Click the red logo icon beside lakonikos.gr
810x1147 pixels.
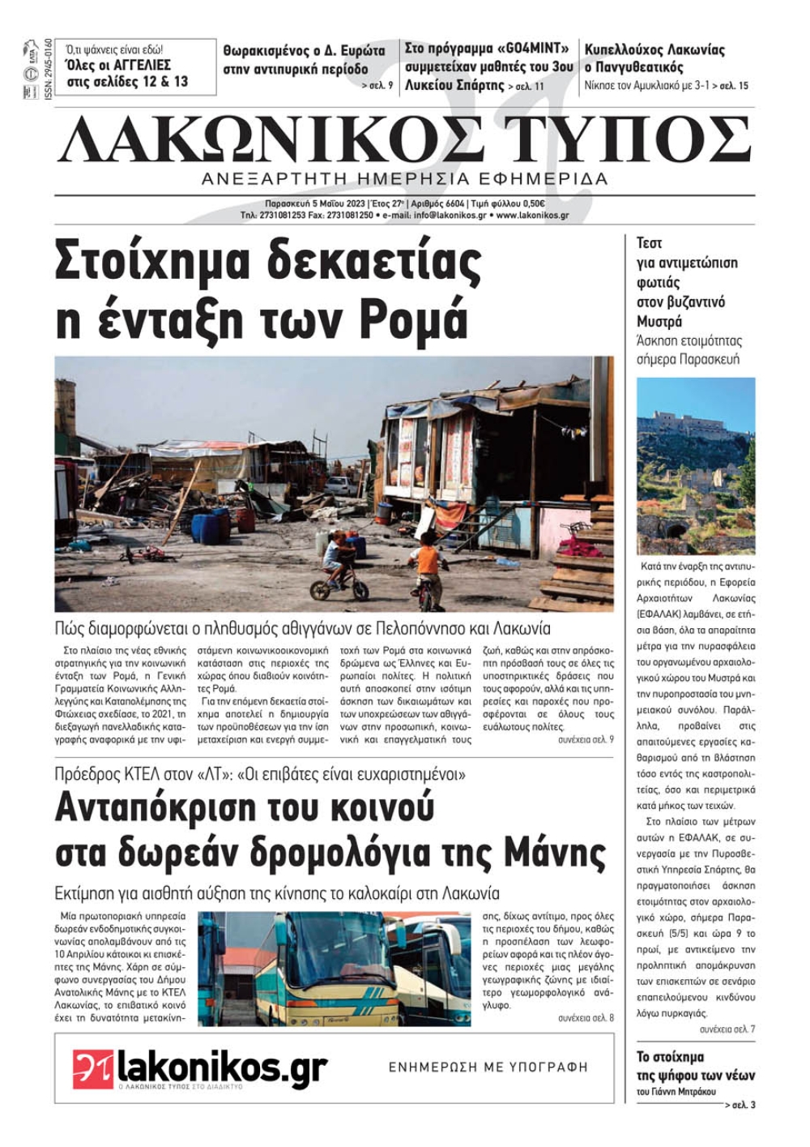pyautogui.click(x=93, y=1069)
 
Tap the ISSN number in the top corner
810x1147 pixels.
pyautogui.click(x=49, y=69)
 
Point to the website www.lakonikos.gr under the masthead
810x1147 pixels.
pyautogui.click(x=532, y=216)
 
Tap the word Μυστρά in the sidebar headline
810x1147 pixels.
pyautogui.click(x=659, y=322)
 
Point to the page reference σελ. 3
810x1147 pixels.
pyautogui.click(x=743, y=1105)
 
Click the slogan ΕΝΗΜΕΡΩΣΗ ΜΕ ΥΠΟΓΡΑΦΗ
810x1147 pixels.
pyautogui.click(x=488, y=1067)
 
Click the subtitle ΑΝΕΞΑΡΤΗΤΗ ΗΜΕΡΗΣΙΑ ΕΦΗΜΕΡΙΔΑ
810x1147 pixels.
pyautogui.click(x=404, y=179)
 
